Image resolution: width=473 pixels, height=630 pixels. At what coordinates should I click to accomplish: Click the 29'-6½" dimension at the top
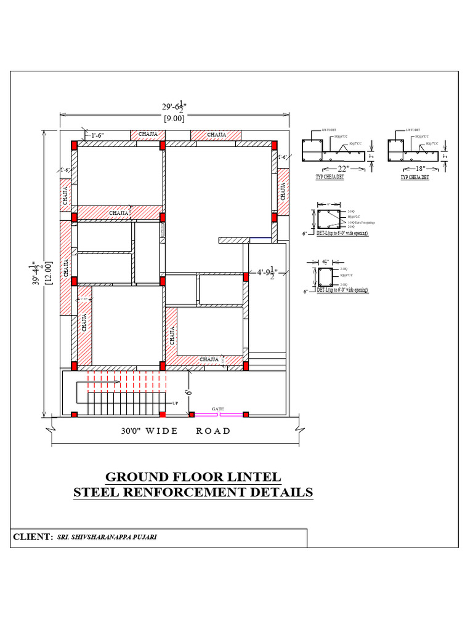coord(174,107)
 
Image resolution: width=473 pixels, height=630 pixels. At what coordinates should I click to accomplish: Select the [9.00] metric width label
coord(174,119)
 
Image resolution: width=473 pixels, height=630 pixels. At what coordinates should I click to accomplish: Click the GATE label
coord(218,408)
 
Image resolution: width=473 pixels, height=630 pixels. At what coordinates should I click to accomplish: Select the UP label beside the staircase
coord(176,404)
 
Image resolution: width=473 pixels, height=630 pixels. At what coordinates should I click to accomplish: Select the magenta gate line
coord(218,414)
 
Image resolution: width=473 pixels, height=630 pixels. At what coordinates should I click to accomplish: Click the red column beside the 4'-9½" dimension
coord(245,277)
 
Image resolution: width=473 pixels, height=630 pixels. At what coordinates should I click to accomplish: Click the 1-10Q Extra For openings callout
coord(362,222)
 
